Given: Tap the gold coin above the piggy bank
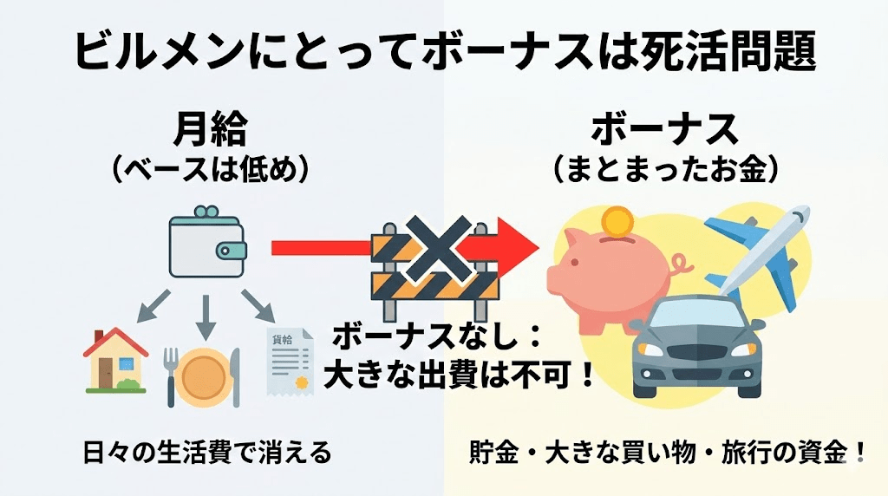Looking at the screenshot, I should coord(619,222).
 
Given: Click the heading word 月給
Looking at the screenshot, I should coord(211,130).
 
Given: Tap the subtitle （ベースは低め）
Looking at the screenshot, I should coord(211,168).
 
